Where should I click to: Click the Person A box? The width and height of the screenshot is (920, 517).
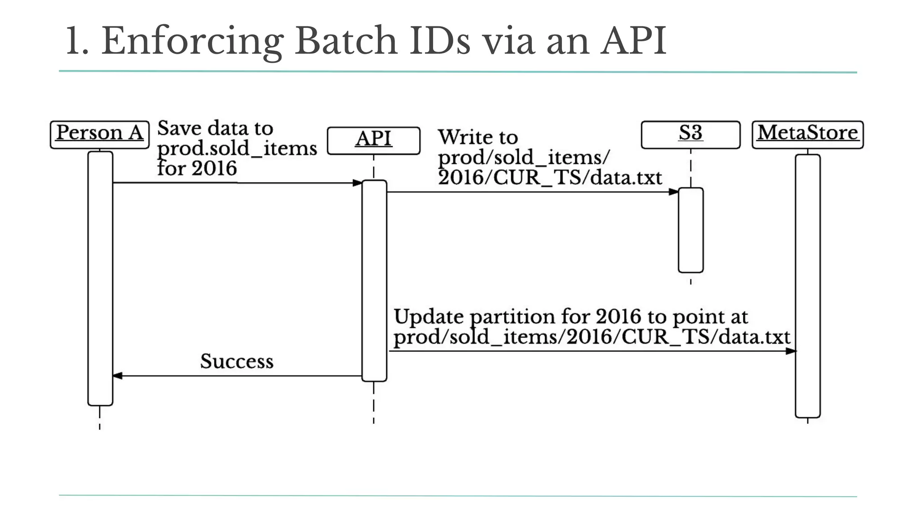99,134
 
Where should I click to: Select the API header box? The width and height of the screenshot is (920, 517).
373,140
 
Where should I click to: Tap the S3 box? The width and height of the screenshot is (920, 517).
690,134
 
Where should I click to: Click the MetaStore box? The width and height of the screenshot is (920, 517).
807,134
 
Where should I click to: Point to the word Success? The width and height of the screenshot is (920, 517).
237,361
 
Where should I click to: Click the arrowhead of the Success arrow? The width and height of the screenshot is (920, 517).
117,376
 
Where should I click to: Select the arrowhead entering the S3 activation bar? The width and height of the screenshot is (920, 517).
673,192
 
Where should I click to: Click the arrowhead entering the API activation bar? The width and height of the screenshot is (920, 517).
357,183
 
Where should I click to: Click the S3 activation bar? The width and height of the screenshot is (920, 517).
690,230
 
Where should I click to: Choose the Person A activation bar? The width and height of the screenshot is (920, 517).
100,278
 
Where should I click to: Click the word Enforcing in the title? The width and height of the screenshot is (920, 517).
192,42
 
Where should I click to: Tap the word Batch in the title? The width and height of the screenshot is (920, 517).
345,41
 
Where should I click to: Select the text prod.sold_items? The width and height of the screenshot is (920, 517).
237,148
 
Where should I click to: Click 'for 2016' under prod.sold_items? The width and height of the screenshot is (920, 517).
197,168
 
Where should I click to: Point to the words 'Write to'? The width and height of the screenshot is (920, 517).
478,137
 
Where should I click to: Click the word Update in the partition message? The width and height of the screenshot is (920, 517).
428,316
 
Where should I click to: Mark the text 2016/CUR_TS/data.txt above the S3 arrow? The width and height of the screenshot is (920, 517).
550,178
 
